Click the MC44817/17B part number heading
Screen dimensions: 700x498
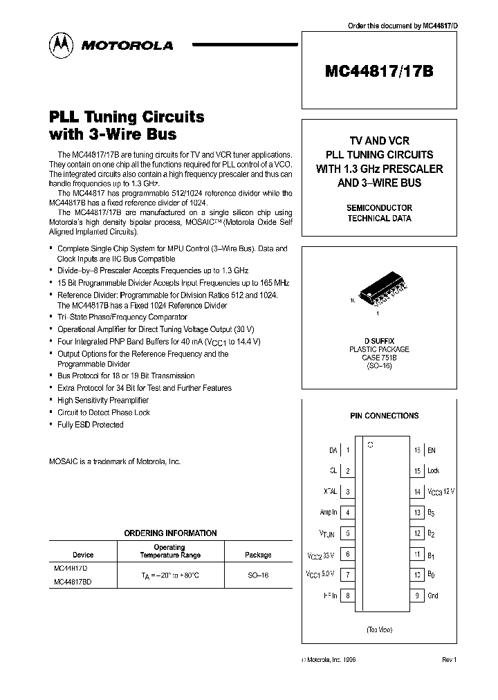(x=379, y=71)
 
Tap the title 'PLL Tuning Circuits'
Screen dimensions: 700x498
(x=127, y=116)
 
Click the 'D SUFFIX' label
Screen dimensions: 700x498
(x=379, y=341)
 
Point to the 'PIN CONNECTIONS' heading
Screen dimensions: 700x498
(x=384, y=416)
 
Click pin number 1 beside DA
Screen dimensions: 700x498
(x=348, y=450)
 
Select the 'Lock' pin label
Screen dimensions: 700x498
(x=434, y=471)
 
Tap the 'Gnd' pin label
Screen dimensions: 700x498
(x=434, y=596)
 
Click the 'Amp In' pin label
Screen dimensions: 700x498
(x=329, y=513)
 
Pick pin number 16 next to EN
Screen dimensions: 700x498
(x=417, y=450)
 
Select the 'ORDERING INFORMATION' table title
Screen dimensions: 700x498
(x=170, y=533)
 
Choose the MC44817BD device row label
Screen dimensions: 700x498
(x=73, y=582)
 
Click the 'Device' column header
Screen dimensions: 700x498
(x=83, y=555)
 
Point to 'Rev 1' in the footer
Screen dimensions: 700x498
(x=450, y=661)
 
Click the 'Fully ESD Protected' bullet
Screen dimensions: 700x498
(x=91, y=425)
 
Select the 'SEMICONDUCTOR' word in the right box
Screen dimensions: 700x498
(x=379, y=208)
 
